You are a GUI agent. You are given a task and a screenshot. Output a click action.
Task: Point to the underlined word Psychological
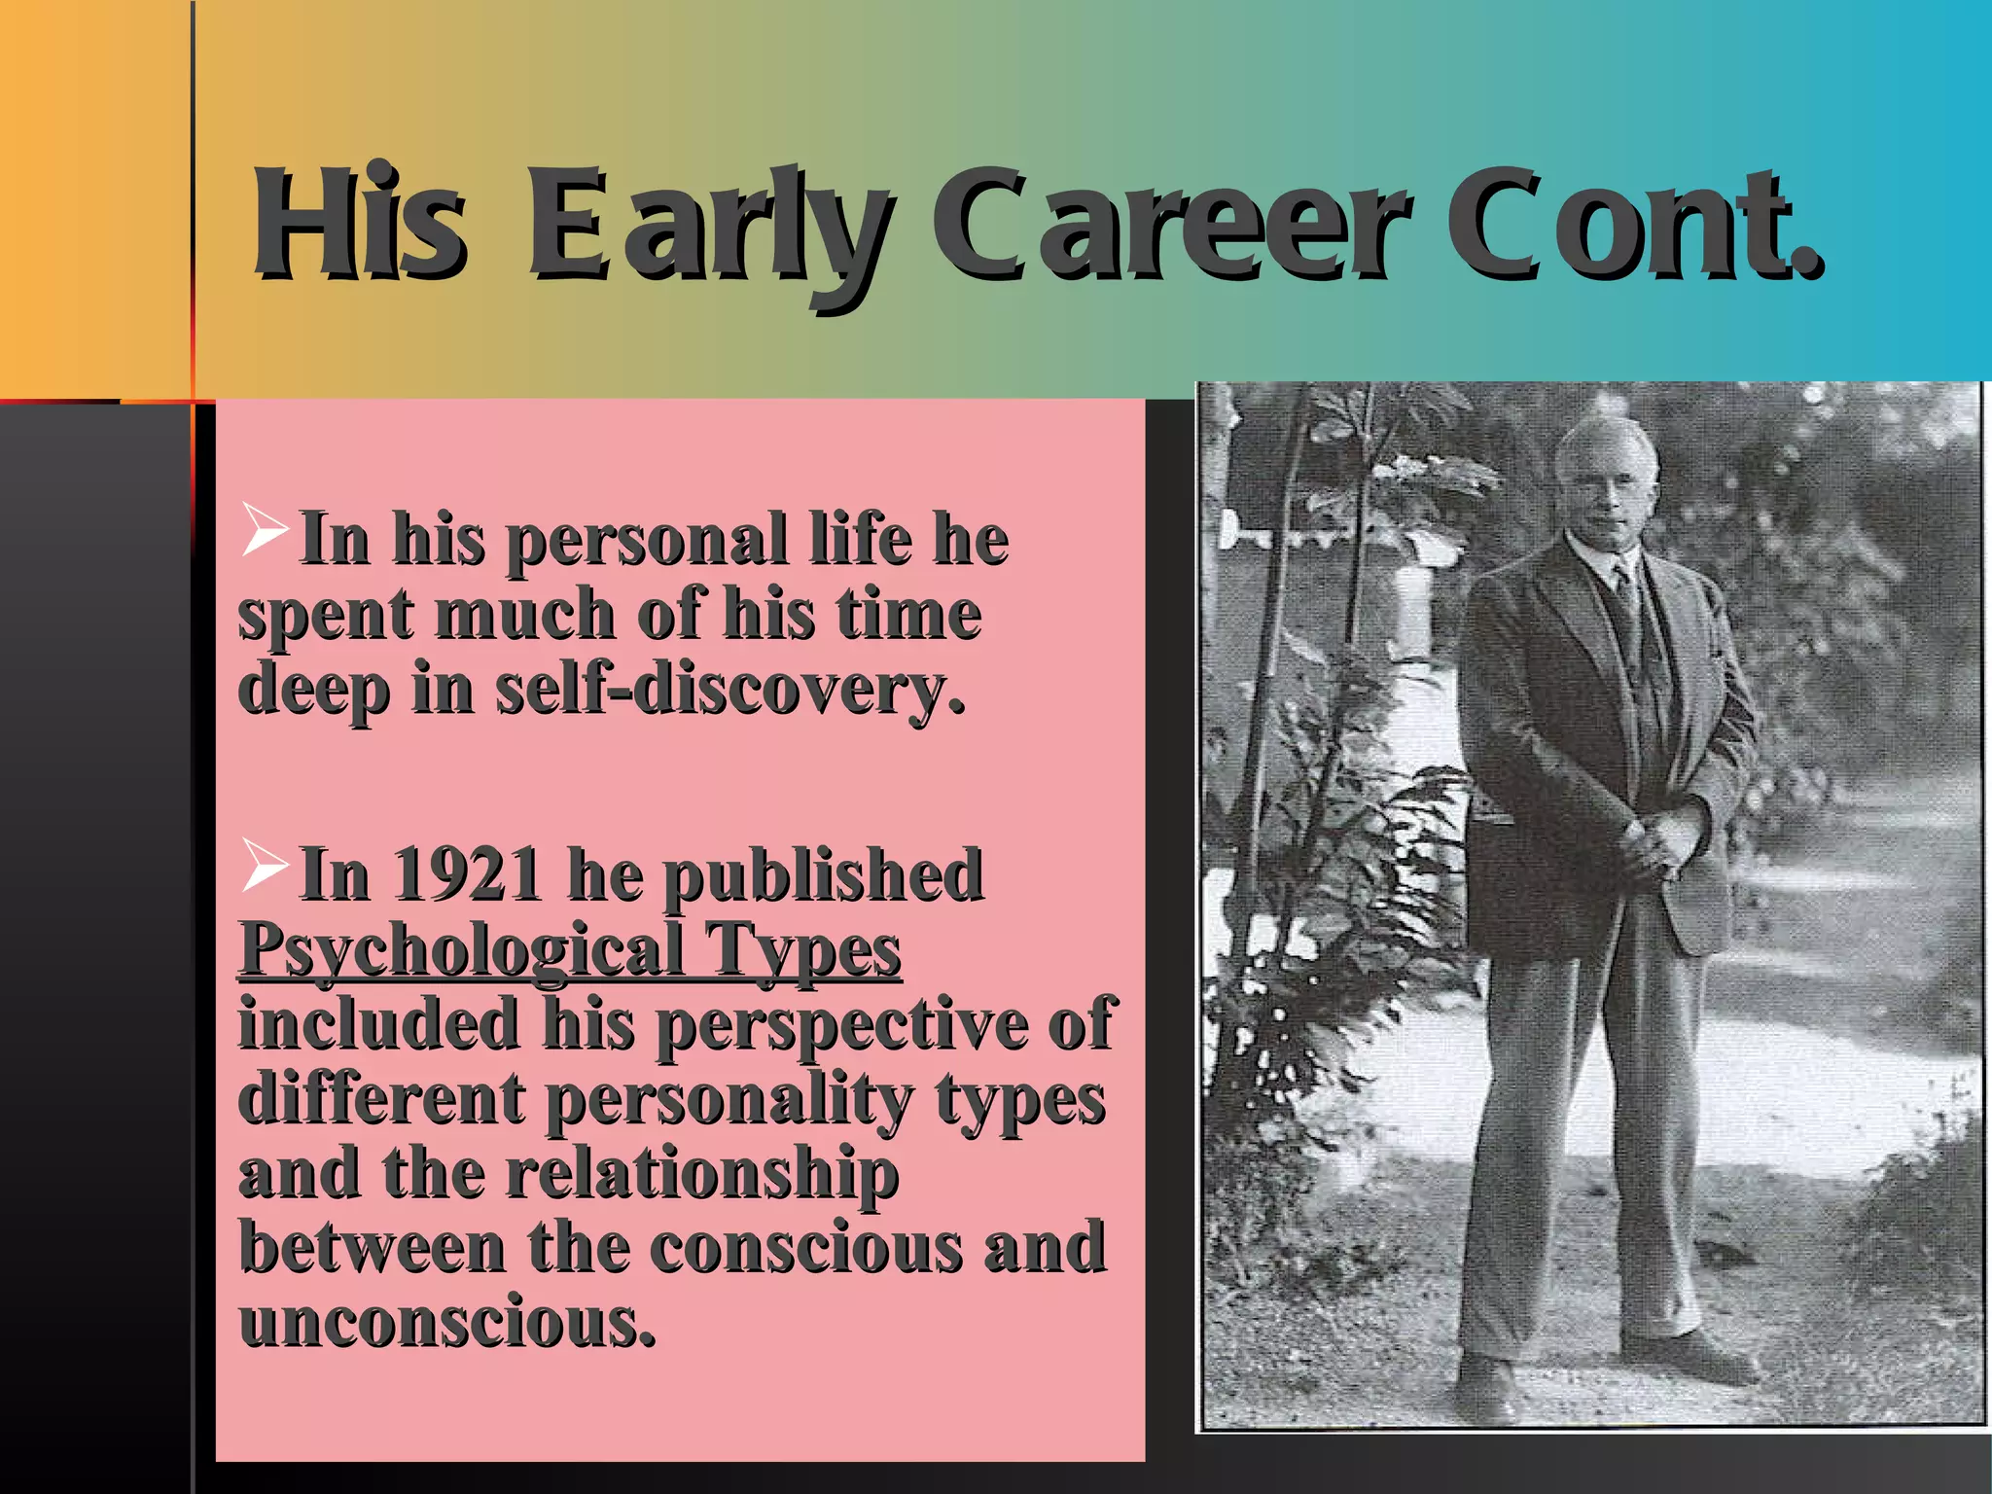point(462,949)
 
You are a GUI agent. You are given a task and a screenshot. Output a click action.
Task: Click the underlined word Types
point(803,949)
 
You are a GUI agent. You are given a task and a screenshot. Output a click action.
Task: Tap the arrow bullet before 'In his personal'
point(265,530)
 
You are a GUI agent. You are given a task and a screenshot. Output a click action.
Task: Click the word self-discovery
point(729,689)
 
